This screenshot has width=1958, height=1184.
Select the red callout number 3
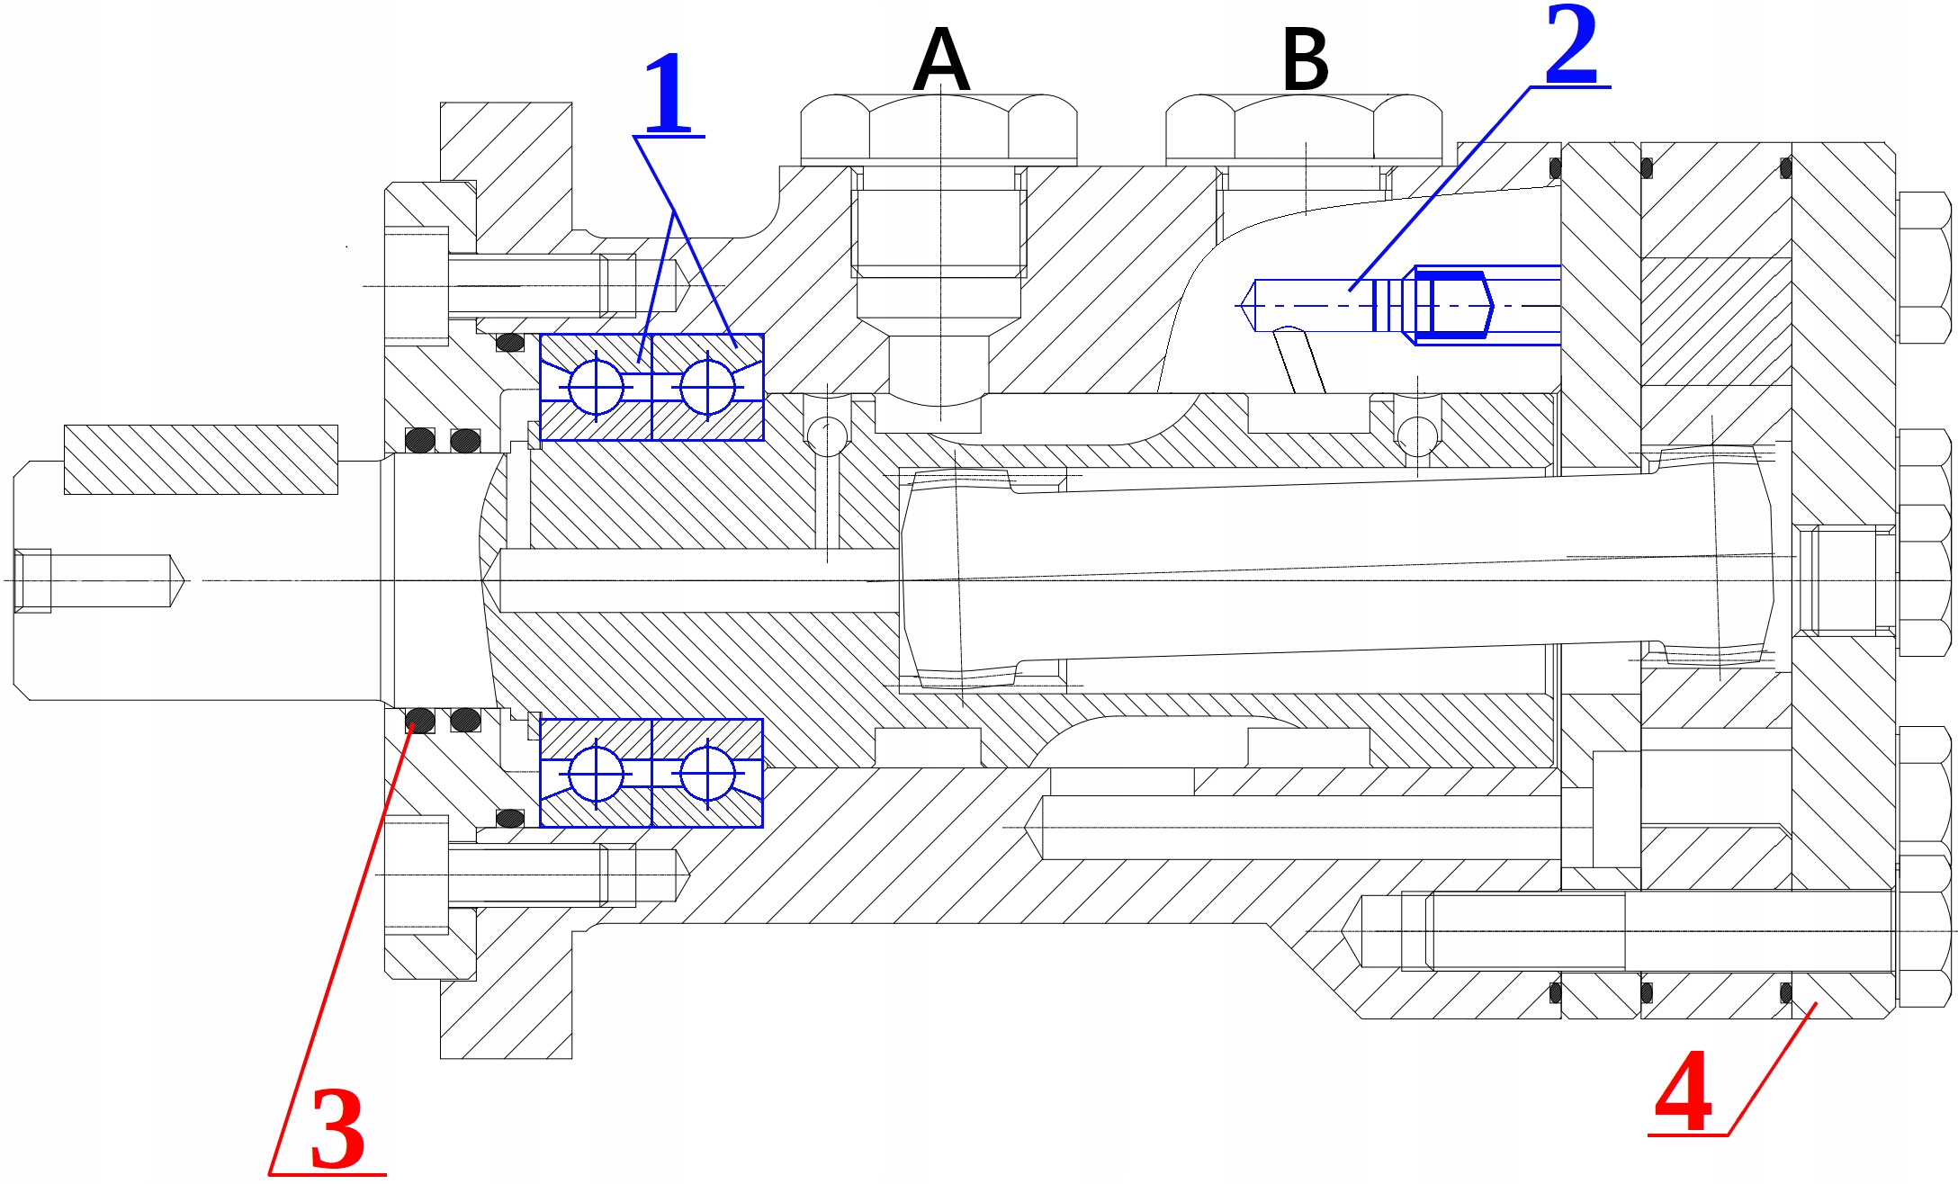337,1128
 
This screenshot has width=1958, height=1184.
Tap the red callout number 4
1683,1092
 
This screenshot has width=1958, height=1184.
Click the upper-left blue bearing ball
596,387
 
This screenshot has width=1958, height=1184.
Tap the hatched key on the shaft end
201,460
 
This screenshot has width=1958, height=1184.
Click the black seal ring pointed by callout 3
419,720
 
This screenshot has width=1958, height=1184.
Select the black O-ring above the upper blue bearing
510,342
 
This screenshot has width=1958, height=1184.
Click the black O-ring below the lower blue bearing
510,818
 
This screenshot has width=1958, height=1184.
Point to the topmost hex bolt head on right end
1924,267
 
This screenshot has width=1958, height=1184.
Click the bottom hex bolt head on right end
1924,931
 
